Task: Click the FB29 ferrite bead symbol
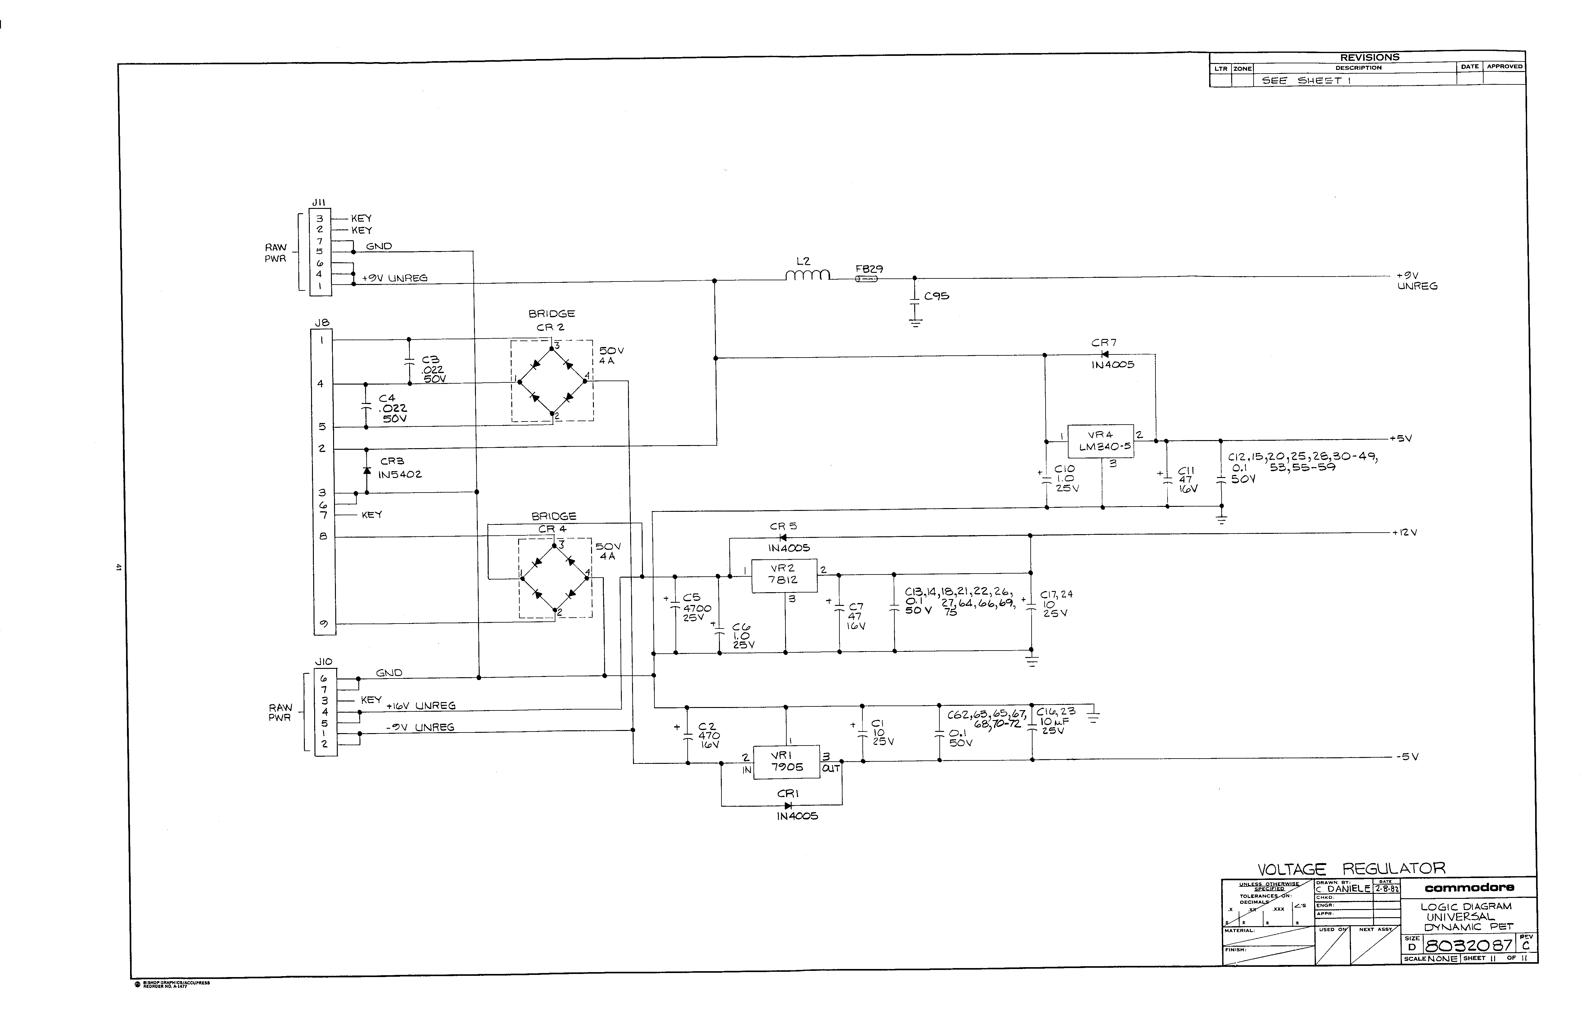coord(866,279)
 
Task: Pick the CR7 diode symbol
coord(1105,354)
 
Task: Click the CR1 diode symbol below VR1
coord(788,805)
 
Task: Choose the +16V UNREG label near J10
coord(421,705)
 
